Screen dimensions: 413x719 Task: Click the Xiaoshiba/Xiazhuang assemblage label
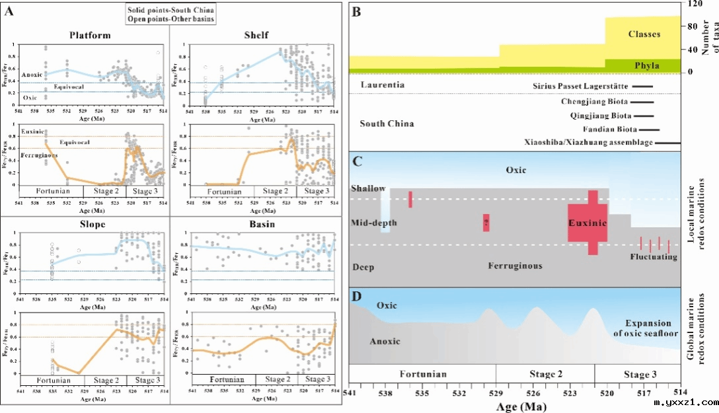[589, 143]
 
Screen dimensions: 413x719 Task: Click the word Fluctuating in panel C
[654, 256]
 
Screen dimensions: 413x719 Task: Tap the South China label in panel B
[387, 124]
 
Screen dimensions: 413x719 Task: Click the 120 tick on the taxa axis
[694, 3]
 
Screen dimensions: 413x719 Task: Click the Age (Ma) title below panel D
[521, 406]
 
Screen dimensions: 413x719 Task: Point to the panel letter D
[357, 295]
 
